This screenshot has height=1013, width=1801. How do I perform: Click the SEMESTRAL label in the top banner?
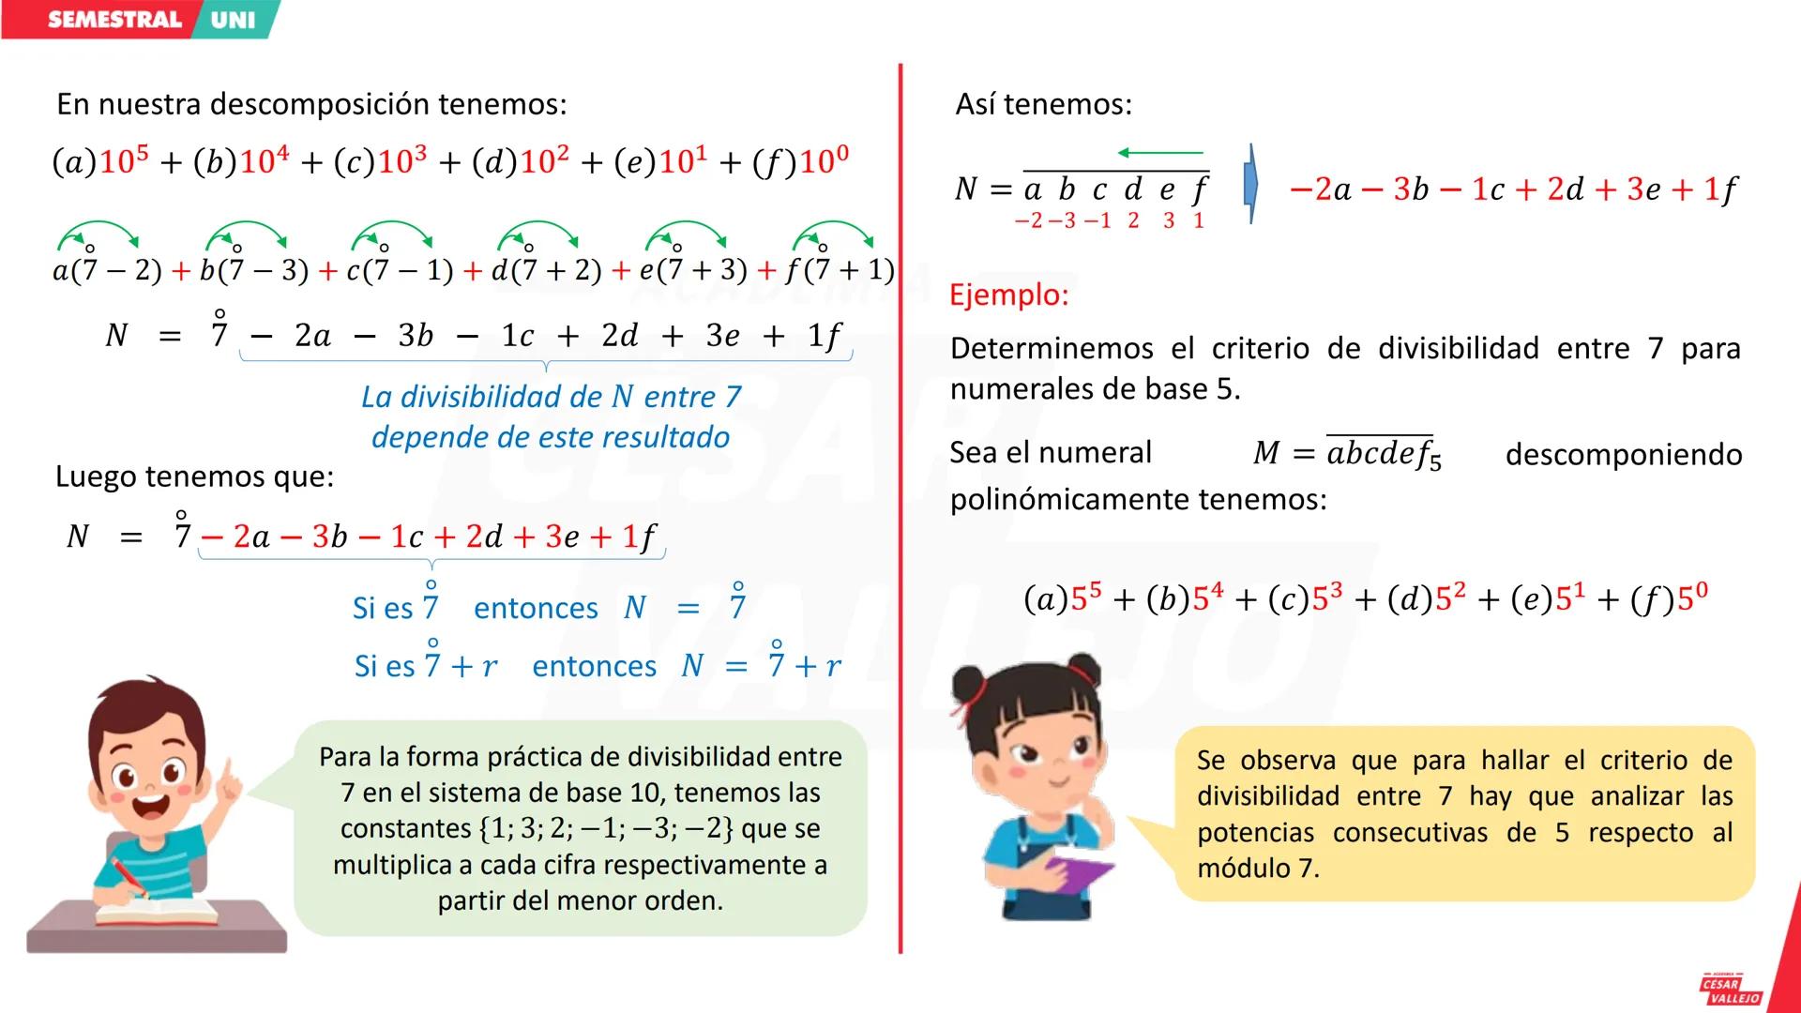[114, 20]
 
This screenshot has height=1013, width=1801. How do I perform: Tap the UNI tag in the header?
[233, 20]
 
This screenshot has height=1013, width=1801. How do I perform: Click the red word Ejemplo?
[1008, 295]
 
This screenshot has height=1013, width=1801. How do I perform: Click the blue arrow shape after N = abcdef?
[1250, 185]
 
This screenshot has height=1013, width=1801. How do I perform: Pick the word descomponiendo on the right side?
[1623, 455]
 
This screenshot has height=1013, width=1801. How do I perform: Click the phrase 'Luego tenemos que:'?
[194, 476]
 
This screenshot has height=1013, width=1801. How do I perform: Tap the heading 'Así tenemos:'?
[1043, 104]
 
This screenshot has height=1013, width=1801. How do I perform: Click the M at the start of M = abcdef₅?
[1266, 454]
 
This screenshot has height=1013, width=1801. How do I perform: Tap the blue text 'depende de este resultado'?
[551, 437]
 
